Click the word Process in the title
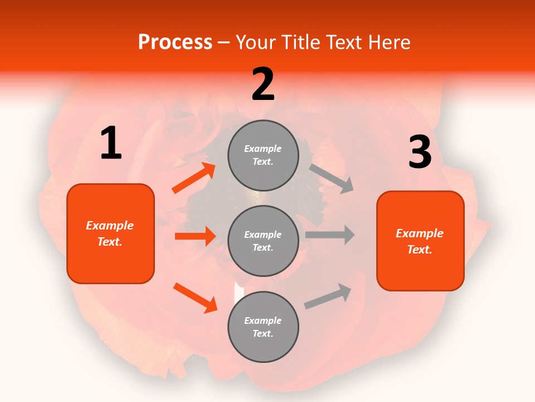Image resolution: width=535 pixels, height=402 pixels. tap(175, 42)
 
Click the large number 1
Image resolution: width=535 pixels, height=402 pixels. tap(111, 144)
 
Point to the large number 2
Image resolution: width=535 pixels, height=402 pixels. tap(263, 84)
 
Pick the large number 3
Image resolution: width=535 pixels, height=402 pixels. tap(420, 152)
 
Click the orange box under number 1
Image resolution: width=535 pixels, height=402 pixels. tap(110, 233)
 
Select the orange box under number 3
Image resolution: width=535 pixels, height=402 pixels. tap(420, 241)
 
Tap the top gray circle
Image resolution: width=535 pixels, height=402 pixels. tap(263, 155)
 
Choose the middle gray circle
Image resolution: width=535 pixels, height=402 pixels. tap(263, 241)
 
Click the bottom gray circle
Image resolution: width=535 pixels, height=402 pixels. tap(263, 327)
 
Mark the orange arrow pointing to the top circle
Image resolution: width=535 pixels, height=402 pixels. tap(194, 178)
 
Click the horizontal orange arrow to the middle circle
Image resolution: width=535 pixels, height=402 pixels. tap(195, 236)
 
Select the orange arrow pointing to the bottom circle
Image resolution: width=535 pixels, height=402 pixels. tap(195, 298)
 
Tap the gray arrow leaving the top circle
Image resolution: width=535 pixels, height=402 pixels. tap(332, 179)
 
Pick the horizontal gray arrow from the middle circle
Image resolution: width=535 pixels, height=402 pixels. tap(330, 234)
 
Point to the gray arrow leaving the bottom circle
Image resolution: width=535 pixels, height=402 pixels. tap(328, 296)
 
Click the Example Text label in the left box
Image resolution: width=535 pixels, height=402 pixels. tap(110, 233)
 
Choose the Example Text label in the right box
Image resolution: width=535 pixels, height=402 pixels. tap(420, 241)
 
